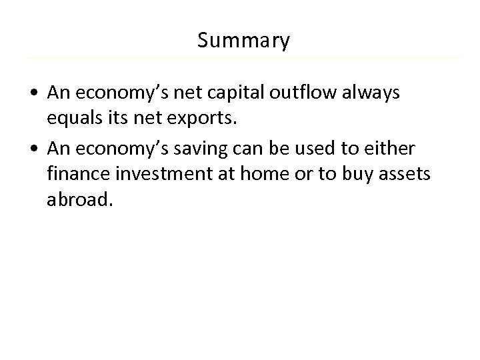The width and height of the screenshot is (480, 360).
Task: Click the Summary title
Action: click(243, 41)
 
